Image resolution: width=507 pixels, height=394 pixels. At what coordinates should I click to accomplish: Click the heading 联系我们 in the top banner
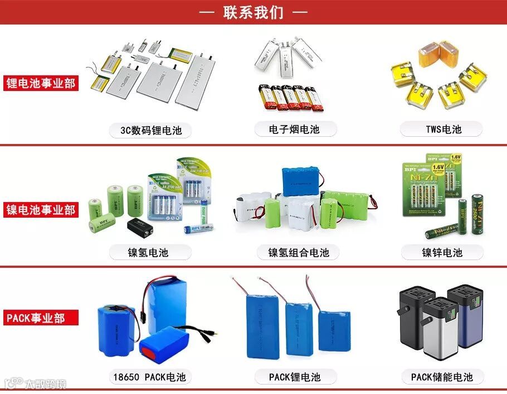[x=253, y=12]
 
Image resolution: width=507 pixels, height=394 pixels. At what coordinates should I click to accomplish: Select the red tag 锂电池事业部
[x=41, y=83]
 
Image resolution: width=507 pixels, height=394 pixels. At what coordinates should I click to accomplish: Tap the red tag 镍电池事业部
[x=41, y=210]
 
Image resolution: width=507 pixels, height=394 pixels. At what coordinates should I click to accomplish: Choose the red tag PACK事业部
[x=36, y=318]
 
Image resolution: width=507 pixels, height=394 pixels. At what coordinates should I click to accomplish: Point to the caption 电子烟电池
[x=295, y=129]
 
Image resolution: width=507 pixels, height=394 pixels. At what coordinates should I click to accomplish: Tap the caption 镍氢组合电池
[x=299, y=252]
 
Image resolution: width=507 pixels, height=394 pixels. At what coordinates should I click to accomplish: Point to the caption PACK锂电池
[x=295, y=377]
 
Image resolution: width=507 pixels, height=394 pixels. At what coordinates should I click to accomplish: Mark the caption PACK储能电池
[x=442, y=377]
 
